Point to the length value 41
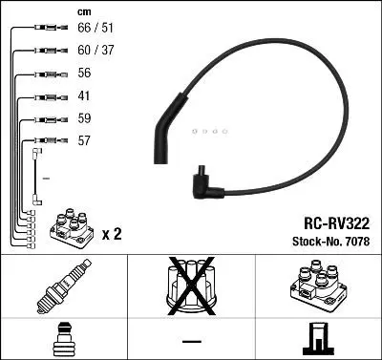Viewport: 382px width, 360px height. click(83, 96)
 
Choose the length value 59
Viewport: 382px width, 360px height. click(83, 119)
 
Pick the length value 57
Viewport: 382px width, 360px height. click(83, 141)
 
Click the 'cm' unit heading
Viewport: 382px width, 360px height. click(82, 12)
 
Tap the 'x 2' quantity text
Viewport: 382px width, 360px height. click(111, 233)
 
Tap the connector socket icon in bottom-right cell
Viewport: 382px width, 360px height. click(318, 338)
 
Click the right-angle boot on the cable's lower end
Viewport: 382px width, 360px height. click(203, 183)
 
